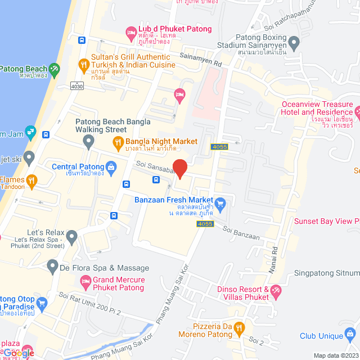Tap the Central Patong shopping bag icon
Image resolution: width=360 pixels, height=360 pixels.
click(x=111, y=167)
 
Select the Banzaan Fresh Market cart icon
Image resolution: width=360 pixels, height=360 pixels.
click(x=220, y=202)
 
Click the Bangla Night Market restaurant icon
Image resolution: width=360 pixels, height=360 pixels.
click(x=118, y=142)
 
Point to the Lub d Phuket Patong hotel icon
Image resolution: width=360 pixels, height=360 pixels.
click(x=130, y=31)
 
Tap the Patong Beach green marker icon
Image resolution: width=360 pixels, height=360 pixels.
click(x=54, y=70)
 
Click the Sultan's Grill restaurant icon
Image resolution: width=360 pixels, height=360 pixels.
click(x=84, y=65)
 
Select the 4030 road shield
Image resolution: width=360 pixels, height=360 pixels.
click(x=77, y=86)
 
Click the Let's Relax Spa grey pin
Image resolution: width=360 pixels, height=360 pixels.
click(x=71, y=237)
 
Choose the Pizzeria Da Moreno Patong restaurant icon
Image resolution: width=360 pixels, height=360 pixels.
click(x=239, y=327)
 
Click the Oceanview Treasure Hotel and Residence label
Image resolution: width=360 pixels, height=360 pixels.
click(x=317, y=112)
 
